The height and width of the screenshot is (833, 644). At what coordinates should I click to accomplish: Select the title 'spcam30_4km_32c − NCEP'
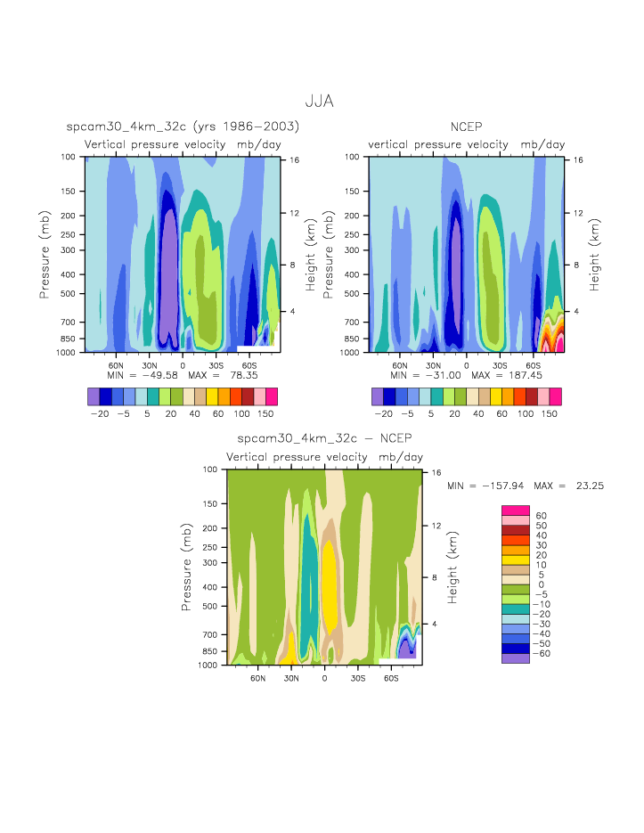tap(324, 439)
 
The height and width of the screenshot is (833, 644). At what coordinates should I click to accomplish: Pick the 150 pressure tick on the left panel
tap(69, 192)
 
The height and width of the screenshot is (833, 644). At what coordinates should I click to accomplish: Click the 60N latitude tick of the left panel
tap(116, 365)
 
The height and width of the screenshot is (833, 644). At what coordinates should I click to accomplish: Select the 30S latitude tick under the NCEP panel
tap(500, 365)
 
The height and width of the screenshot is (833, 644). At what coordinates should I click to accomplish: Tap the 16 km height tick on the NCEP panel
tap(578, 159)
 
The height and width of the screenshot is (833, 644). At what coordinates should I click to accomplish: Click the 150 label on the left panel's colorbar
tap(265, 414)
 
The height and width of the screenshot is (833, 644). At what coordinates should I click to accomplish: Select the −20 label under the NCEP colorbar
tap(383, 414)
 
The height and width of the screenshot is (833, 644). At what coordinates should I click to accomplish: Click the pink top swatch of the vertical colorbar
tap(516, 510)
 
